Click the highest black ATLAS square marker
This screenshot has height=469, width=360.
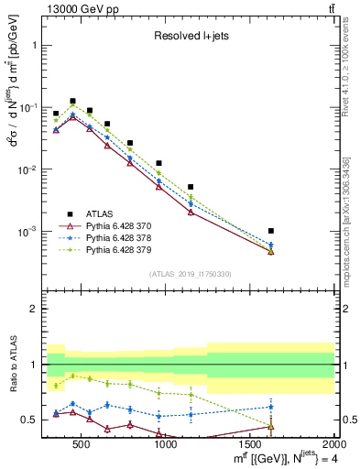pyautogui.click(x=72, y=101)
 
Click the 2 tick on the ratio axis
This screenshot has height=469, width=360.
pyautogui.click(x=35, y=309)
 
